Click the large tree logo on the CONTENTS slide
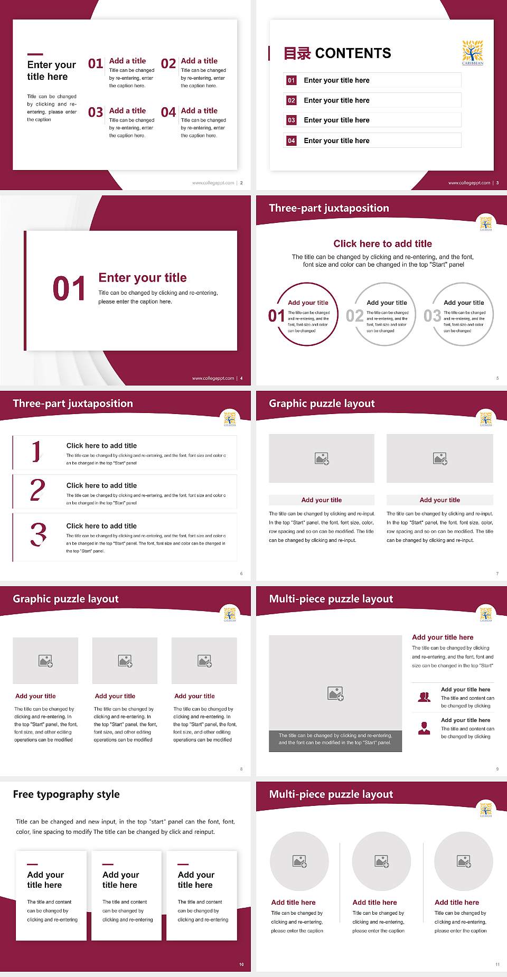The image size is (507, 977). click(473, 52)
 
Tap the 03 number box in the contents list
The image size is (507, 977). click(292, 120)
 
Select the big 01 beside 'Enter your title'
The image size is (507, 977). click(69, 289)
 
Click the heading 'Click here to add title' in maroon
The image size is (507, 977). click(382, 243)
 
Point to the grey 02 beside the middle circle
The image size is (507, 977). click(354, 316)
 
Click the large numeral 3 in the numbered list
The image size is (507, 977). click(38, 534)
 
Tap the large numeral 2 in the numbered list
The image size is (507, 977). click(37, 490)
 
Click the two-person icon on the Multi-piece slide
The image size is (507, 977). click(424, 697)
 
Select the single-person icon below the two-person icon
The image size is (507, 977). click(424, 728)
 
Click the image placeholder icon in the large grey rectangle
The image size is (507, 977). click(335, 693)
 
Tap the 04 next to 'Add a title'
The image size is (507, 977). click(168, 112)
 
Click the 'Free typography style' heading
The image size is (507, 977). click(66, 794)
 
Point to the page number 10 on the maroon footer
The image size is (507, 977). click(241, 964)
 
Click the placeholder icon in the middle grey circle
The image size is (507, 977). click(382, 861)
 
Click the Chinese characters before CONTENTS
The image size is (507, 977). click(297, 53)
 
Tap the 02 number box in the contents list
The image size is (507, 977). click(292, 100)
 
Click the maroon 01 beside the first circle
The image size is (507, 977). click(276, 316)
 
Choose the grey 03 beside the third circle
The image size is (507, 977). click(432, 316)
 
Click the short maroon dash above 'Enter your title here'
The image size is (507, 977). click(35, 54)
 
